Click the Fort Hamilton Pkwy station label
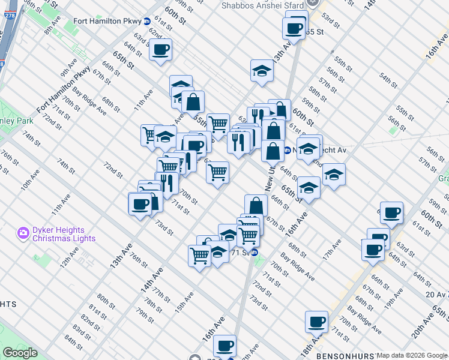coord(107,20)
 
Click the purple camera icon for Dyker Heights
coord(24,232)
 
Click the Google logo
coord(20,353)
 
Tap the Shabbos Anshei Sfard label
coord(260,5)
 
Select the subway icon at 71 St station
coord(255,253)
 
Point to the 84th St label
coord(73,343)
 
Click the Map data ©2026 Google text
coord(412,355)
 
